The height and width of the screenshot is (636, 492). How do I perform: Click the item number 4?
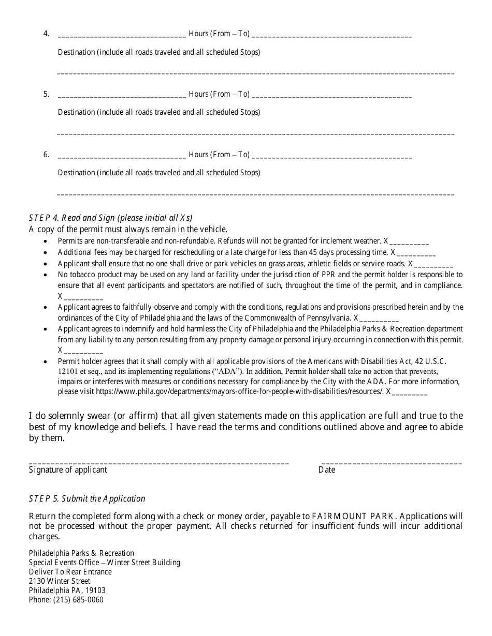46,34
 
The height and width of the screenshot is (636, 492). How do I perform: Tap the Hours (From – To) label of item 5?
219,94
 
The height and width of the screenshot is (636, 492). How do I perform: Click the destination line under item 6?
255,194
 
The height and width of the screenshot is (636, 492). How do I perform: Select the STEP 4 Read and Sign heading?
111,218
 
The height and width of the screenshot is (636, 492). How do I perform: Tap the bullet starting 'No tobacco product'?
260,275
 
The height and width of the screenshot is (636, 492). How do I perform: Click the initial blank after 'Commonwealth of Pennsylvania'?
379,319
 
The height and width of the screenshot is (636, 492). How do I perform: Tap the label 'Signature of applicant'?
68,470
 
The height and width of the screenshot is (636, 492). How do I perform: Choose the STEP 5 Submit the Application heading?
87,499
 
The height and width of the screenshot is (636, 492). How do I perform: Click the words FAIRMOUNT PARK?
354,517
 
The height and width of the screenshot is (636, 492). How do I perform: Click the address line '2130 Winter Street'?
60,581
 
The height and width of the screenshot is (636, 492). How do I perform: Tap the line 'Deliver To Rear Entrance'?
70,572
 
